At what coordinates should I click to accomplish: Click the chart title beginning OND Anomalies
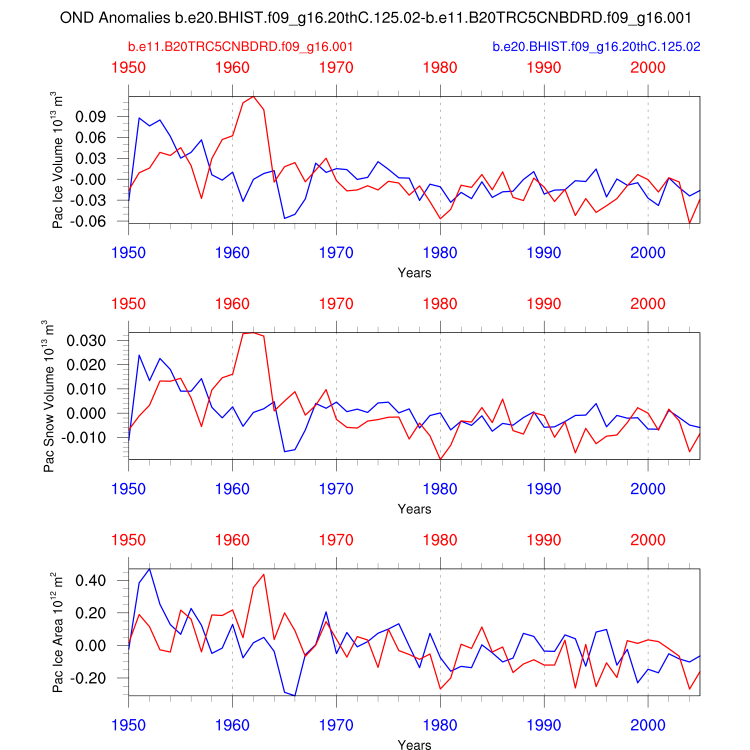pyautogui.click(x=375, y=18)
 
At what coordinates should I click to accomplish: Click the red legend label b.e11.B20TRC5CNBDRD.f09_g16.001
pyautogui.click(x=240, y=47)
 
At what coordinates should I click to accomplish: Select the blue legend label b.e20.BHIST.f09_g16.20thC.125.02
pyautogui.click(x=596, y=47)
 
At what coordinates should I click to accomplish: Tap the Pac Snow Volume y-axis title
pyautogui.click(x=48, y=396)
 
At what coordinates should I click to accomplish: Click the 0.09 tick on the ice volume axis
pyautogui.click(x=90, y=117)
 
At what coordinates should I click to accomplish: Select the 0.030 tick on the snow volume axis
pyautogui.click(x=87, y=341)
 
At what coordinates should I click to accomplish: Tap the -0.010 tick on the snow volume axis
pyautogui.click(x=84, y=437)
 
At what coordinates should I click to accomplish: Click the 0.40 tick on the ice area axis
pyautogui.click(x=90, y=580)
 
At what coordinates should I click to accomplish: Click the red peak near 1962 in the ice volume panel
pyautogui.click(x=253, y=96)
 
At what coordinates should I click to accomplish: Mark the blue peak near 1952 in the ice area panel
pyautogui.click(x=149, y=569)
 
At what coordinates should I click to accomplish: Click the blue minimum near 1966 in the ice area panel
pyautogui.click(x=295, y=695)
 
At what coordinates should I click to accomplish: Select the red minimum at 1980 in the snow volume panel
pyautogui.click(x=440, y=459)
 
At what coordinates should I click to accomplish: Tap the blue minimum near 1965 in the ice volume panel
pyautogui.click(x=284, y=218)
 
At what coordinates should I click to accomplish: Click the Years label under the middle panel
pyautogui.click(x=414, y=509)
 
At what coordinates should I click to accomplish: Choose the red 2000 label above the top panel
pyautogui.click(x=647, y=67)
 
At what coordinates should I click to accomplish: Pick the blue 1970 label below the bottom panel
pyautogui.click(x=336, y=725)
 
